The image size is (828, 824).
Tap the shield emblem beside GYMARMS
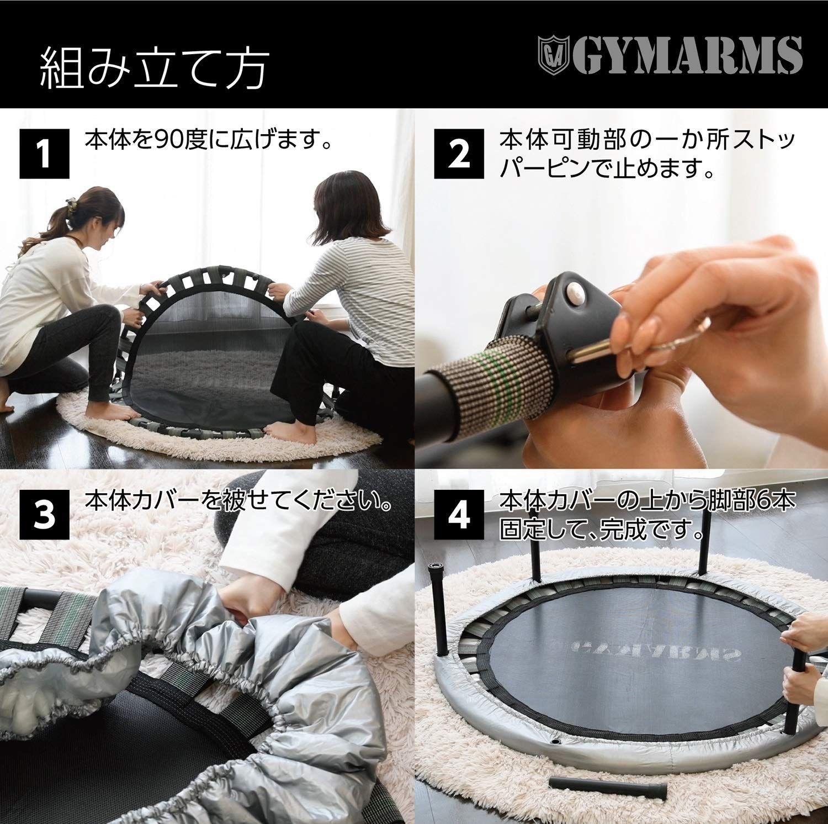click(x=553, y=55)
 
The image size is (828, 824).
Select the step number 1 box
click(x=45, y=154)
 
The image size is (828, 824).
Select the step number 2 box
click(x=460, y=154)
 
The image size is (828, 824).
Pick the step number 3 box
click(x=45, y=514)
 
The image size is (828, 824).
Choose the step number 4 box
click(x=460, y=514)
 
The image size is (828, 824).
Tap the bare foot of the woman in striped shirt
click(x=282, y=427)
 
